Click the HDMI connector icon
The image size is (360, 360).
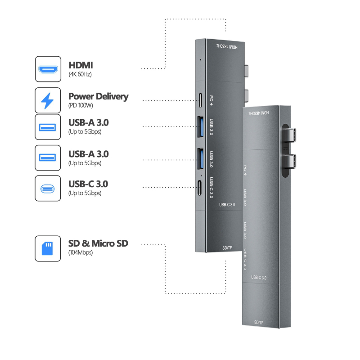point(48,69)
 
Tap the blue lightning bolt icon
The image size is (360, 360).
point(48,100)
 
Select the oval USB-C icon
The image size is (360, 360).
point(48,188)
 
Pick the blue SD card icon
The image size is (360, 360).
point(48,248)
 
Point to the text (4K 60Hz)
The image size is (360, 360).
point(81,74)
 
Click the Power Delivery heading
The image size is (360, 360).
point(98,96)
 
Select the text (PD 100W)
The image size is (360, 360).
point(81,106)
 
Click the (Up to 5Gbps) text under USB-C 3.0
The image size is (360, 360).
point(85,193)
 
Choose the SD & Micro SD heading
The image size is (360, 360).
point(98,243)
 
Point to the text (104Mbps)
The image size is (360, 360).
point(81,253)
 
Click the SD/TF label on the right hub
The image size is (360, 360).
point(259,322)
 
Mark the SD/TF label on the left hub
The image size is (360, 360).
point(228,247)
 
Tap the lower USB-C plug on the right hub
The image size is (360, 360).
point(292,160)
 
